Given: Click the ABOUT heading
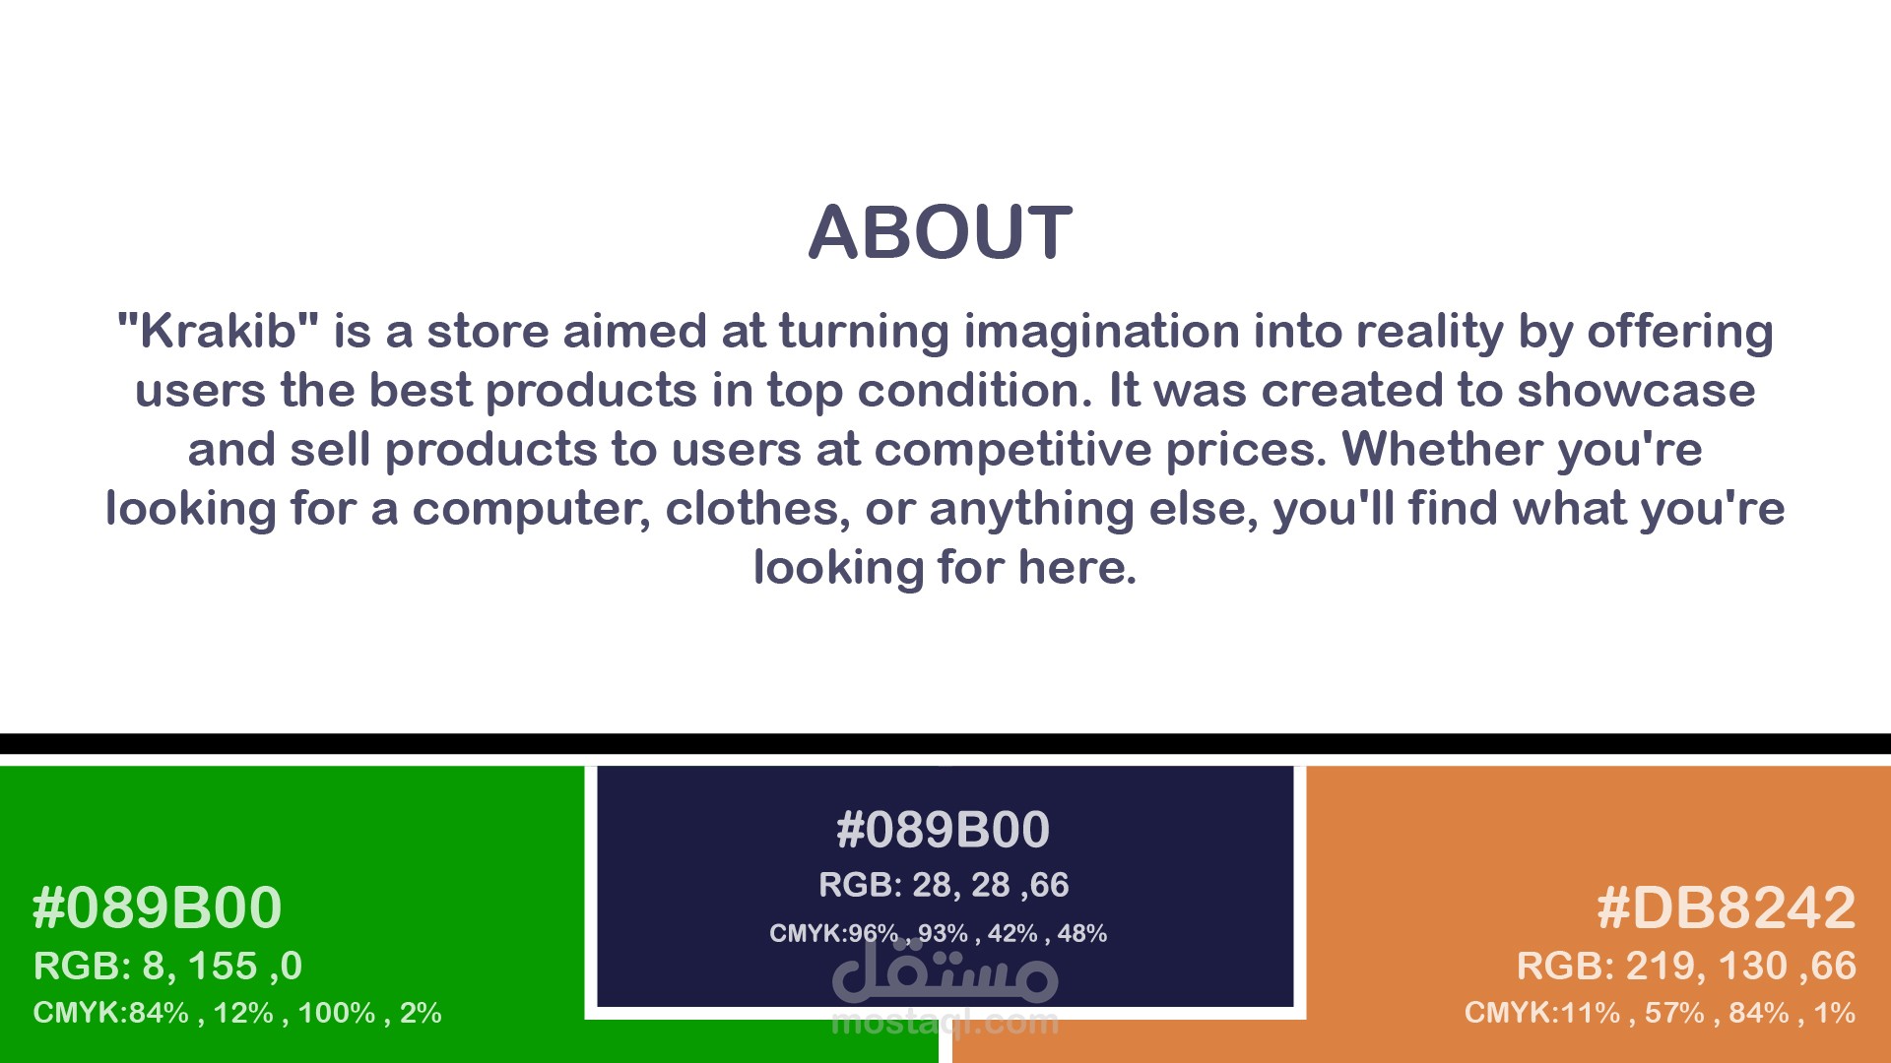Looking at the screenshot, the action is coord(941,233).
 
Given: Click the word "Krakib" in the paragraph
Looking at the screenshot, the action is coord(218,331).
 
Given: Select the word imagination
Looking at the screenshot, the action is coord(1101,333).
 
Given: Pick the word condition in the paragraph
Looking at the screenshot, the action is coord(975,391).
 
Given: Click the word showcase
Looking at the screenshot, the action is coord(1636,391).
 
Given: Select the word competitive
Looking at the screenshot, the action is coord(1012,451).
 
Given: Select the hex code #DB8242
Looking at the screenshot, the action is coord(1726,907).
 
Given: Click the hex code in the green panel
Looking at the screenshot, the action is coord(158,907).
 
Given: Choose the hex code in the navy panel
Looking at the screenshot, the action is coord(943,829).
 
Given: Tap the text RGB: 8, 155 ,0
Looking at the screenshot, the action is coord(167,967).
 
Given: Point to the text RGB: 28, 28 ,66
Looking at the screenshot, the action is coord(944,885).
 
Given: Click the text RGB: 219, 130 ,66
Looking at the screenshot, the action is coord(1686,967).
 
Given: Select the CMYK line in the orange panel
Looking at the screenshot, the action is coord(1660,1013).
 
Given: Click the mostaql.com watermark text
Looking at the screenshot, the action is coord(945,1023).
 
